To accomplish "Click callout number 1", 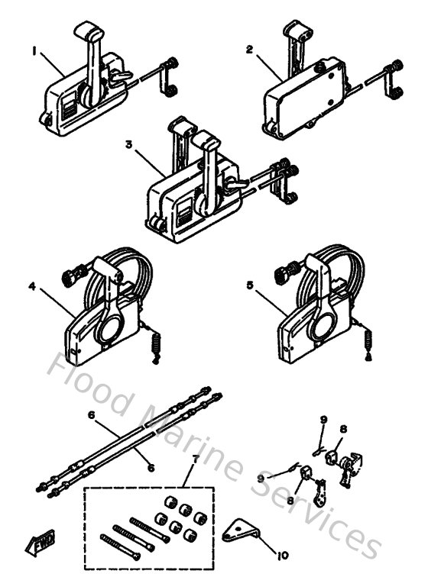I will [34, 52].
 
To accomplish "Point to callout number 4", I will [32, 286].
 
